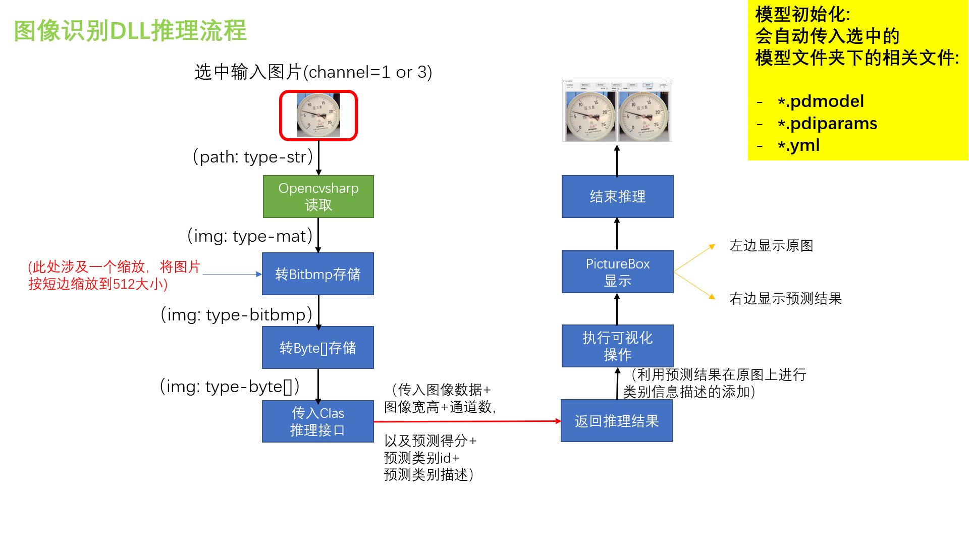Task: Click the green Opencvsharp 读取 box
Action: pos(318,196)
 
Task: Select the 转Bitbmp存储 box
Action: pos(318,274)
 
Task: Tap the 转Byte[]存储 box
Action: pos(318,347)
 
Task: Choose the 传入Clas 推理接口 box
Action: pos(318,421)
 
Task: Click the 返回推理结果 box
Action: pos(617,421)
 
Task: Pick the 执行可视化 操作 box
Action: pos(617,346)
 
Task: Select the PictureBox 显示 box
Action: pos(617,271)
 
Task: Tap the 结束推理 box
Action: pos(617,196)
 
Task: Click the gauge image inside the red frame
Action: pos(318,116)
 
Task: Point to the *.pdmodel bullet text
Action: pos(821,101)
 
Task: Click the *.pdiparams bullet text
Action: pos(827,124)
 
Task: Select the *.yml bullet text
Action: pos(798,145)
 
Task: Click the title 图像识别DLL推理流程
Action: pos(130,31)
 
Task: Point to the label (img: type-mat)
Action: pos(250,236)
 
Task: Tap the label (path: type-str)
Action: pos(253,157)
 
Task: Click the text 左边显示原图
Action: pos(771,246)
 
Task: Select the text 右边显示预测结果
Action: pos(785,298)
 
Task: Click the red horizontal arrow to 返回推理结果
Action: pos(467,421)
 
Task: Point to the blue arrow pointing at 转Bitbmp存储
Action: pos(232,274)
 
